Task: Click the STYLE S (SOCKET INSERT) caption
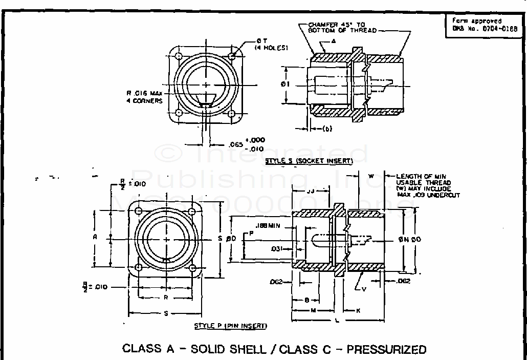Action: (309, 161)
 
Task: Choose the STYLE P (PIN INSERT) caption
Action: (230, 326)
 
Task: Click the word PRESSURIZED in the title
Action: (386, 349)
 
